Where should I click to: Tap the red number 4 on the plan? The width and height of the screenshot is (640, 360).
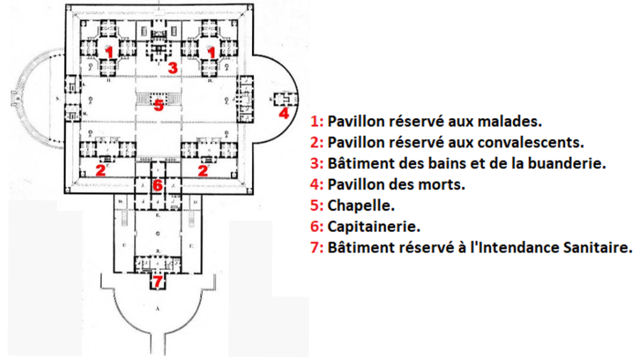click(285, 113)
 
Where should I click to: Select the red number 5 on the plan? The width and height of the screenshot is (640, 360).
click(159, 105)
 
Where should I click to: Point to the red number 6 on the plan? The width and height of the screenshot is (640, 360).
click(159, 185)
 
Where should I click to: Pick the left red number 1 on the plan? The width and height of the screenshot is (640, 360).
click(110, 51)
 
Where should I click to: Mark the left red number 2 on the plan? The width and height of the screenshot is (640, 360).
click(100, 169)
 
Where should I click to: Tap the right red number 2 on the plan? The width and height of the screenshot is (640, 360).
click(203, 169)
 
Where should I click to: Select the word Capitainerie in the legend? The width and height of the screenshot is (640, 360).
click(371, 227)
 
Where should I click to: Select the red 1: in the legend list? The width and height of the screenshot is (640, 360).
click(317, 121)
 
